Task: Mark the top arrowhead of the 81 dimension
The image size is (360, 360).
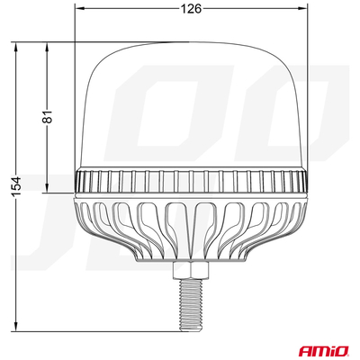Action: click(44, 44)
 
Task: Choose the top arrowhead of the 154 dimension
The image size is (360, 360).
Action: click(16, 44)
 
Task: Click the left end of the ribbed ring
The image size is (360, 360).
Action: click(78, 183)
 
